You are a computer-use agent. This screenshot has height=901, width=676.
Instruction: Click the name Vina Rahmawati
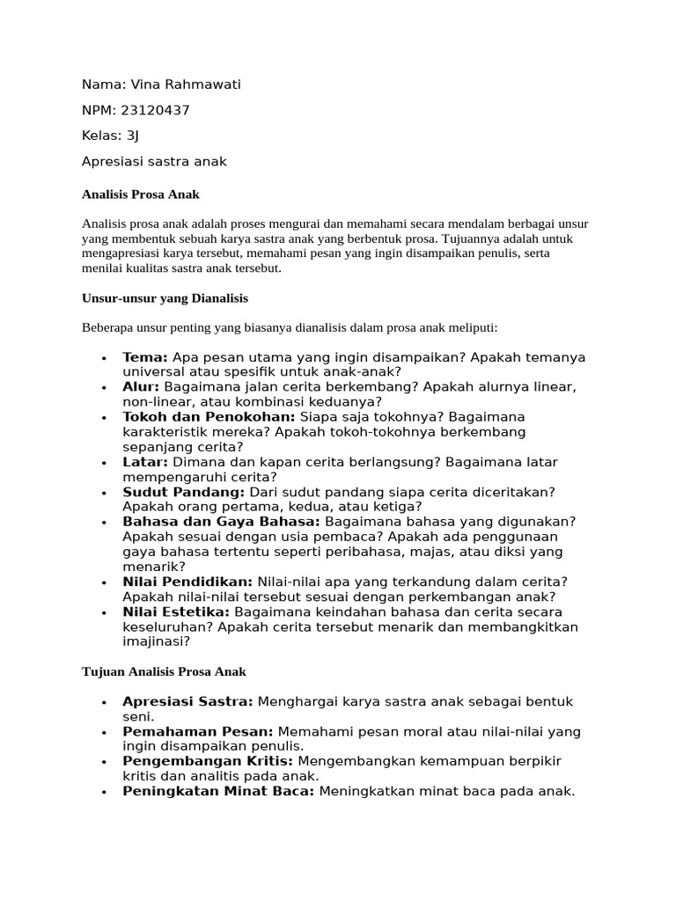click(x=185, y=84)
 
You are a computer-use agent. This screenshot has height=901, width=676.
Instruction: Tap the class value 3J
click(x=133, y=136)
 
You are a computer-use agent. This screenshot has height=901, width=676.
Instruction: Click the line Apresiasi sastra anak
click(x=154, y=161)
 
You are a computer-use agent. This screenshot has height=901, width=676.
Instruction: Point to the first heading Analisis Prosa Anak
click(x=141, y=194)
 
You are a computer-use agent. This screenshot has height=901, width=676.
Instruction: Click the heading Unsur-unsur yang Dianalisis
click(x=165, y=298)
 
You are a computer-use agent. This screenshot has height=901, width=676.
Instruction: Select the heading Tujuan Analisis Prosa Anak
click(x=164, y=671)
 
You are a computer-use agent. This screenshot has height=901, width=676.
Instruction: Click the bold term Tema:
click(x=145, y=357)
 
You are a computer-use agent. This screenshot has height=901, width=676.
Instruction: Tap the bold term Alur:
click(x=141, y=387)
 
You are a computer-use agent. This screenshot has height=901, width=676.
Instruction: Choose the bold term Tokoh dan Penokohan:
click(x=209, y=417)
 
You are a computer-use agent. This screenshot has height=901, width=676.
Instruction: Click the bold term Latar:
click(x=145, y=462)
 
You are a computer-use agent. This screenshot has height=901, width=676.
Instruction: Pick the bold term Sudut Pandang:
click(x=184, y=492)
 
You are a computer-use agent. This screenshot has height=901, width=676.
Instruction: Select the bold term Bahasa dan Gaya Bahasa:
click(x=221, y=522)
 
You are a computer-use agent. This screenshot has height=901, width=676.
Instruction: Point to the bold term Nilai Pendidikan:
click(x=187, y=582)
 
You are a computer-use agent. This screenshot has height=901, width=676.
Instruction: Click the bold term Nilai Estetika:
click(x=176, y=612)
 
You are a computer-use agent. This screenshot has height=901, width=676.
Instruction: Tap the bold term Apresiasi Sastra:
click(x=187, y=701)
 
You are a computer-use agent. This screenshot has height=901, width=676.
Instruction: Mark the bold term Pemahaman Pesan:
click(x=198, y=731)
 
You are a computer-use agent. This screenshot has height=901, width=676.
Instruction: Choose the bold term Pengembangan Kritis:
click(x=209, y=761)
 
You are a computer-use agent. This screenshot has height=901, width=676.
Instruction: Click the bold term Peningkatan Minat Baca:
click(x=218, y=791)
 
